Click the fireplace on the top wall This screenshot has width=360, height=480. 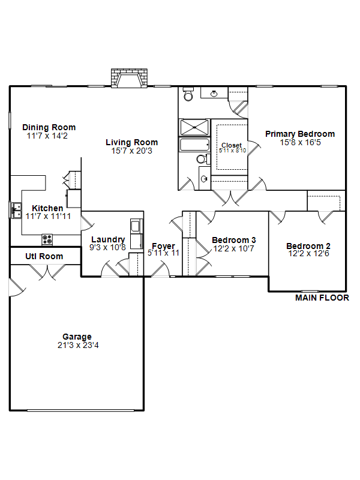pyautogui.click(x=129, y=78)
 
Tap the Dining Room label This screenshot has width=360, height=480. pyautogui.click(x=49, y=127)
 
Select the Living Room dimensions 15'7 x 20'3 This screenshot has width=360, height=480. pyautogui.click(x=131, y=151)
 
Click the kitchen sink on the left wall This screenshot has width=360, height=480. pyautogui.click(x=16, y=210)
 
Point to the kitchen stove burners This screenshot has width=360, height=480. pyautogui.click(x=47, y=239)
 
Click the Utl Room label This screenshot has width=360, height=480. pyautogui.click(x=44, y=256)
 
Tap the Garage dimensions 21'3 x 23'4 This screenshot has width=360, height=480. pyautogui.click(x=78, y=346)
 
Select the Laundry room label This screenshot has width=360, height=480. pyautogui.click(x=108, y=239)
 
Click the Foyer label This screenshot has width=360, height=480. pyautogui.click(x=163, y=246)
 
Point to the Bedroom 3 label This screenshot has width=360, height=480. pyautogui.click(x=234, y=240)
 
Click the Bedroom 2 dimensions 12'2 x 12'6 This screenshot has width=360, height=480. pyautogui.click(x=308, y=253)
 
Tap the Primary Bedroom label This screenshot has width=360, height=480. pyautogui.click(x=300, y=134)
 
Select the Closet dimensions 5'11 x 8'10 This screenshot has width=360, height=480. pyautogui.click(x=232, y=151)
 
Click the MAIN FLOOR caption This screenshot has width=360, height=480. pyautogui.click(x=322, y=298)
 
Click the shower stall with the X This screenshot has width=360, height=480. pyautogui.click(x=194, y=127)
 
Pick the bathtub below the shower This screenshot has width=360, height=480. pyautogui.click(x=194, y=145)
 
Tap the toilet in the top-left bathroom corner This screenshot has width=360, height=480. pyautogui.click(x=188, y=94)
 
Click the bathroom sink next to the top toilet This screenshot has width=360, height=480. pyautogui.click(x=214, y=93)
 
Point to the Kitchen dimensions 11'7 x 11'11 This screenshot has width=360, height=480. pyautogui.click(x=48, y=216)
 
